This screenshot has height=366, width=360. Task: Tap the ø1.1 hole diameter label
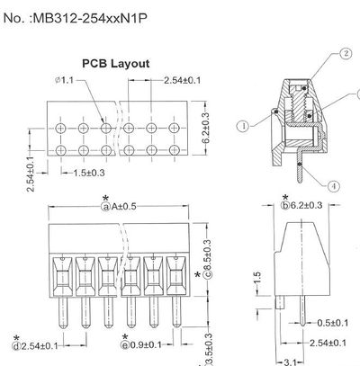(67, 82)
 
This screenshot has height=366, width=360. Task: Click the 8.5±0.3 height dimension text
(207, 263)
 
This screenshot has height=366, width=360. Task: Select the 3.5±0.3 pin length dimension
(209, 349)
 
